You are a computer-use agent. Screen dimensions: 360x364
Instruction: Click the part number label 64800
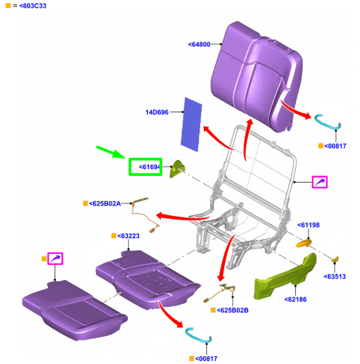(x=199, y=44)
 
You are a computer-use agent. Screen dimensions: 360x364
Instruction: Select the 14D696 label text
(x=157, y=112)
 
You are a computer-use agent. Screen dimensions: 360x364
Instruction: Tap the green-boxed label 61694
(x=150, y=167)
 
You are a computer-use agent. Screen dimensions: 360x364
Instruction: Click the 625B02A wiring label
(x=105, y=204)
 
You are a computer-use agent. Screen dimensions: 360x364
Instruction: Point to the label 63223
(x=128, y=236)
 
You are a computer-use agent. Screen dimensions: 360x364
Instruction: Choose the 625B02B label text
(x=232, y=310)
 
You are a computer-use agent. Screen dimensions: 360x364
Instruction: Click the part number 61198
(x=309, y=225)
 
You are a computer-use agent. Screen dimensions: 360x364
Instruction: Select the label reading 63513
(x=335, y=276)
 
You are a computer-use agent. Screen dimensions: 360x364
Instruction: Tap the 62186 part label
(x=295, y=299)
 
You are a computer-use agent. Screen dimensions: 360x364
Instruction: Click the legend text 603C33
(x=33, y=6)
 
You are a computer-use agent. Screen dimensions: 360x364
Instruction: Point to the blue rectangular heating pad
(x=191, y=125)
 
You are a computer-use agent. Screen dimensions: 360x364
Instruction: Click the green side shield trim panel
(x=285, y=277)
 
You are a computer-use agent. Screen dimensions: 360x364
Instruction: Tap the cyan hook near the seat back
(x=327, y=122)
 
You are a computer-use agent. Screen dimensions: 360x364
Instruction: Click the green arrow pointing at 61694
(x=111, y=152)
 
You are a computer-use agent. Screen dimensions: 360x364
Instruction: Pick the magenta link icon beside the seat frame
(x=320, y=182)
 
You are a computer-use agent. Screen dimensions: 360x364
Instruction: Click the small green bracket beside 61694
(x=177, y=169)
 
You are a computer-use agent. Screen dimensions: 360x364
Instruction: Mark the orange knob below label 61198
(x=304, y=244)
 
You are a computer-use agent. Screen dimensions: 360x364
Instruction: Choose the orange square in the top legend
(x=8, y=6)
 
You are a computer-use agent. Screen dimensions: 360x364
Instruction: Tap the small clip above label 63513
(x=335, y=259)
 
